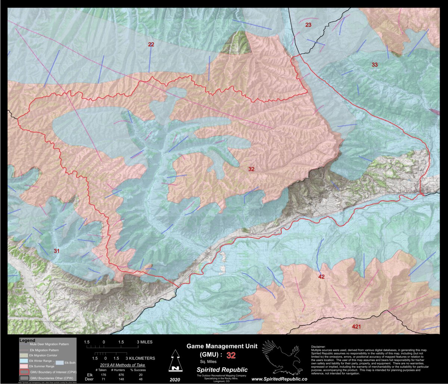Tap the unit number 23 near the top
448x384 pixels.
point(308,25)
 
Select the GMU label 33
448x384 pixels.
point(374,65)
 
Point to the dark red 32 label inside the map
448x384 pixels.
point(251,169)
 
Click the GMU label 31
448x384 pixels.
point(56,251)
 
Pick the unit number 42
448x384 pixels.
point(321,277)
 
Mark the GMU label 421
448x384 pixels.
point(357,327)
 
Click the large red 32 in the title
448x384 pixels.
point(231,355)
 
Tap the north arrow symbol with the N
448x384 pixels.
point(174,361)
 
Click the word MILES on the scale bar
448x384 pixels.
point(145,342)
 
